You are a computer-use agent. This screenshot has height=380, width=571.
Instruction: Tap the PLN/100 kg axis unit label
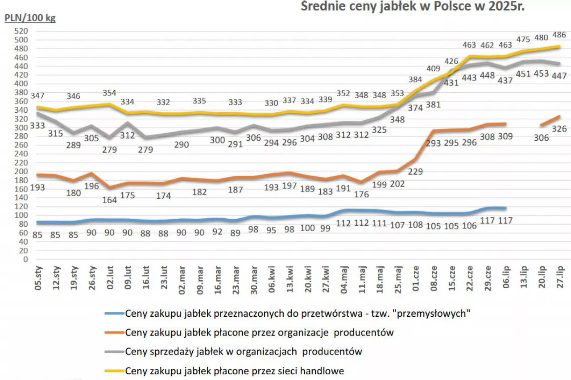[x=30, y=19]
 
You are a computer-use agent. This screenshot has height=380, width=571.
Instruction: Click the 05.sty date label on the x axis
[x=39, y=278]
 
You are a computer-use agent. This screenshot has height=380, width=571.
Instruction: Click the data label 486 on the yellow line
[x=559, y=35]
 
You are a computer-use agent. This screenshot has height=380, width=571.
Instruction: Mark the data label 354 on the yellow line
[x=109, y=93]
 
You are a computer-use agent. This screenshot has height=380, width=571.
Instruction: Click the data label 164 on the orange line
[x=109, y=200]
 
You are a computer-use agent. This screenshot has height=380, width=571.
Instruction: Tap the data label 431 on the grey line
[x=451, y=82]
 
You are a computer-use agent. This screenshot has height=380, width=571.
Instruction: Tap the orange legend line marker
[x=114, y=332]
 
